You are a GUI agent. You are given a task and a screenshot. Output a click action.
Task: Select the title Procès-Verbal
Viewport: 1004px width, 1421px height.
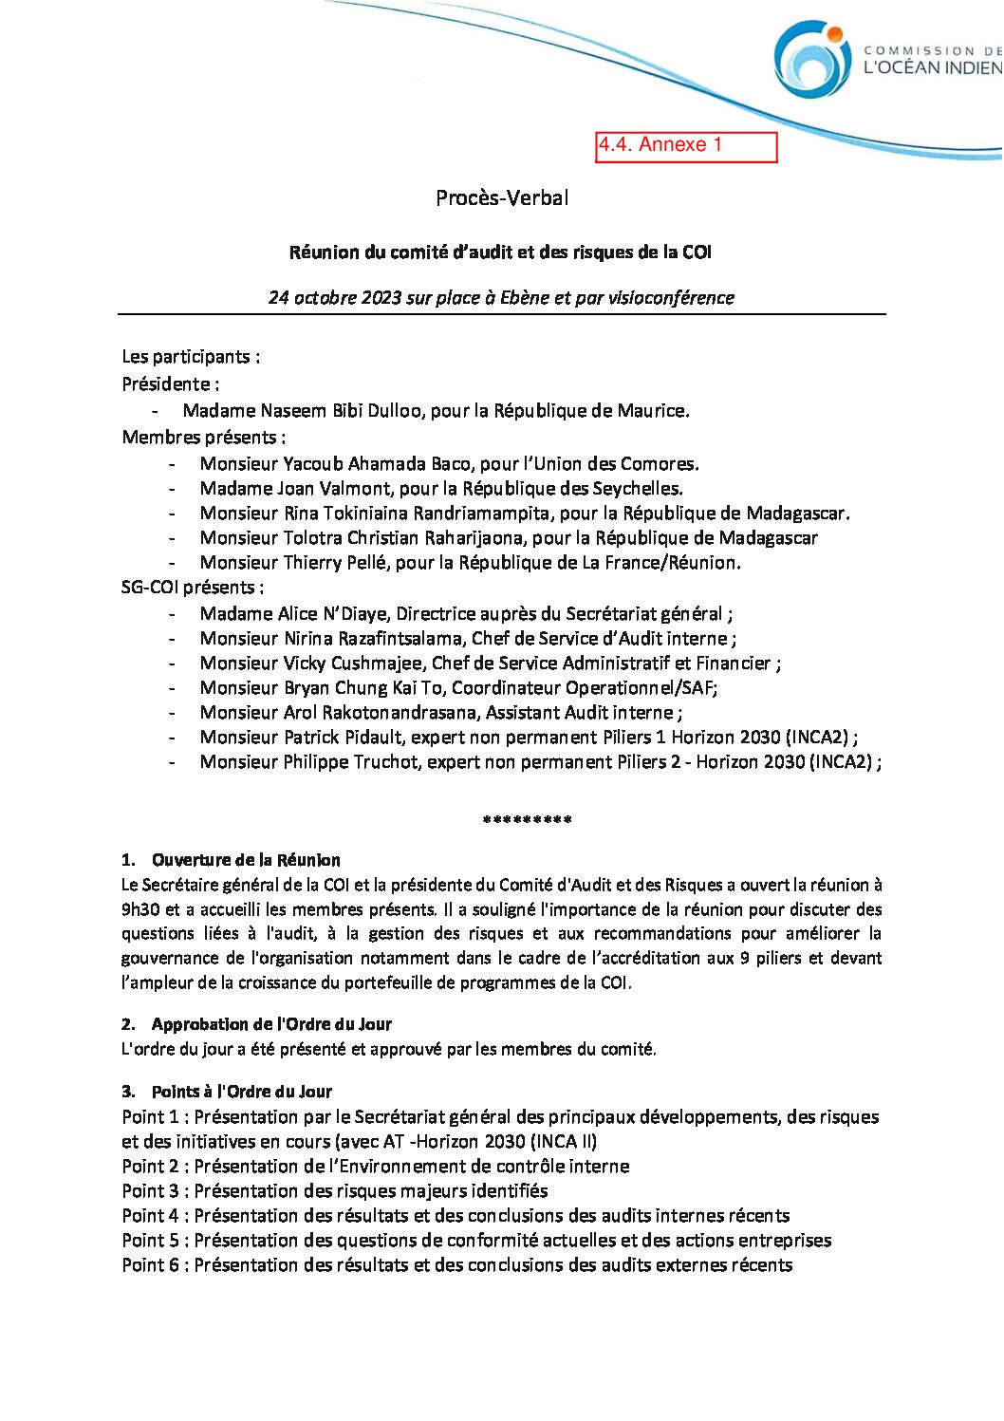pos(502,198)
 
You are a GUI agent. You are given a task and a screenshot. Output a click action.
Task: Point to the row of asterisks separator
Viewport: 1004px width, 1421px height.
pos(527,820)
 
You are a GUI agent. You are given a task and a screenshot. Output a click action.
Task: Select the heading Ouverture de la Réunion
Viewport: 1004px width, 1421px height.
pos(246,860)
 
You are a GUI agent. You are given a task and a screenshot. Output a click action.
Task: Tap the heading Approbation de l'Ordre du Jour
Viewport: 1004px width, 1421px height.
pos(271,1024)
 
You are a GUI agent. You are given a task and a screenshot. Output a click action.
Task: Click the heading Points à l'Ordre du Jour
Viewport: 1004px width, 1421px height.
pos(241,1092)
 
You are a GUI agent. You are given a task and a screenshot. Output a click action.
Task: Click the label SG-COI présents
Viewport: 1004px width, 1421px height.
pos(192,588)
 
